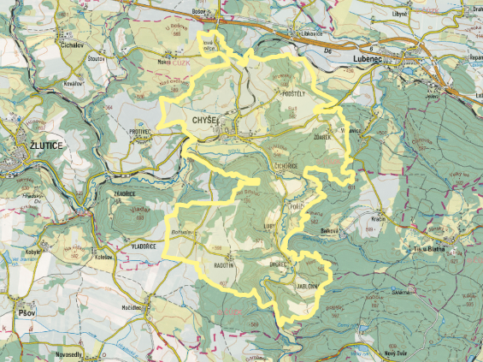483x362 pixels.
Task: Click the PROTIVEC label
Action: tap(139, 132)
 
